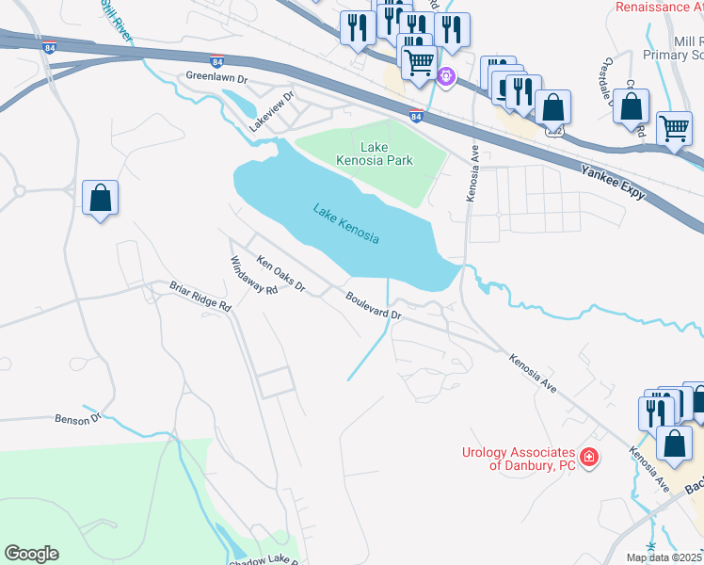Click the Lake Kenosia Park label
point(374,153)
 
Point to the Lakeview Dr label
point(272,110)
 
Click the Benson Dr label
point(77,418)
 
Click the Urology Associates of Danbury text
point(518,459)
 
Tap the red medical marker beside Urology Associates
point(589,458)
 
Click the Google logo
point(31,554)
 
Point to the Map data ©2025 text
point(664,557)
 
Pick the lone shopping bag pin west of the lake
point(100,199)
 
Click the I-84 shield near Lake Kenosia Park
point(416,118)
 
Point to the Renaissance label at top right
point(659,8)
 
